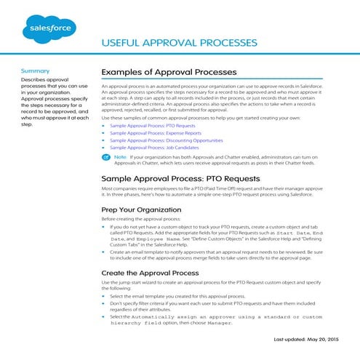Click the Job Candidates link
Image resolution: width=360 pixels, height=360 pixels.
pos(149,150)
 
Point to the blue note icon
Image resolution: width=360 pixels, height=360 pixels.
pos(106,157)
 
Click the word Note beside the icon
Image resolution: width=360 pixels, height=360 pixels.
pos(120,157)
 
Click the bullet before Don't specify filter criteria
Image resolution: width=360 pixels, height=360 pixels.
pos(103,304)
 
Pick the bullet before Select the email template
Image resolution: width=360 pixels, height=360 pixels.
pos(103,297)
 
